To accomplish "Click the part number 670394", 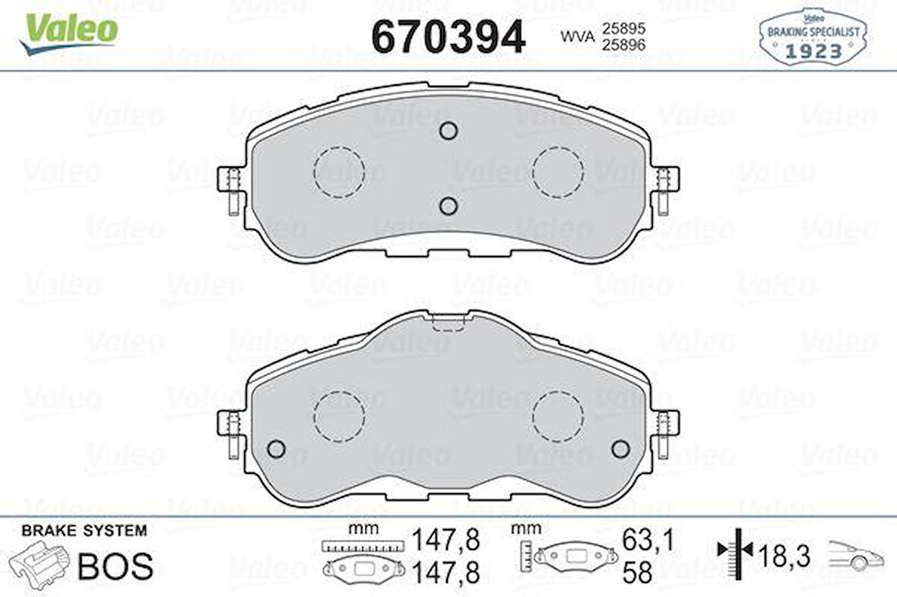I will [448, 35].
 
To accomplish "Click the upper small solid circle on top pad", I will [448, 131].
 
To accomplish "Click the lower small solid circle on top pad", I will [448, 206].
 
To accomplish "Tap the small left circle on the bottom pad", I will [276, 449].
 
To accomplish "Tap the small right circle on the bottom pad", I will [620, 449].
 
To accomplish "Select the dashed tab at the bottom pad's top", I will [448, 322].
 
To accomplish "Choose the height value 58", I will [637, 573].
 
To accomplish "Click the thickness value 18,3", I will [784, 557].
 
